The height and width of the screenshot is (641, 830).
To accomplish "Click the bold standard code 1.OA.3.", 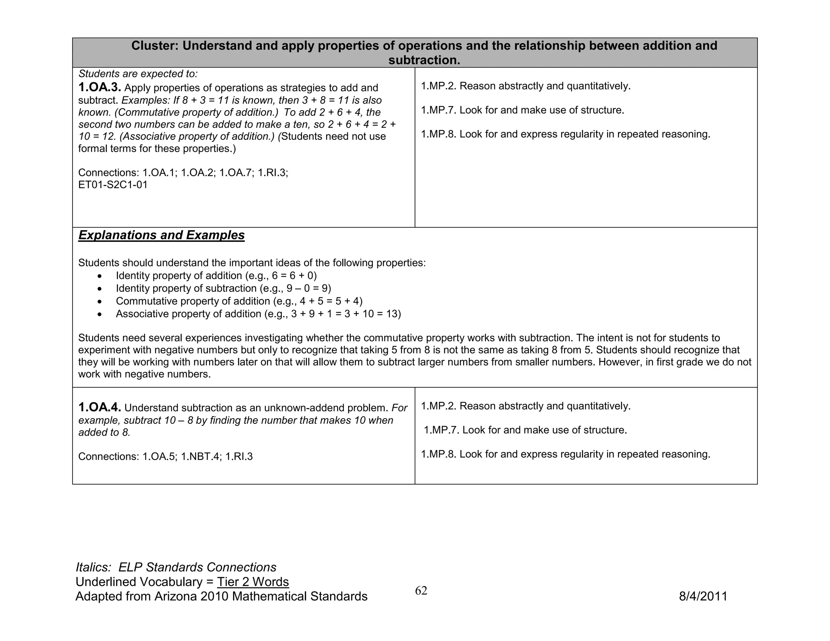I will pyautogui.click(x=99, y=88).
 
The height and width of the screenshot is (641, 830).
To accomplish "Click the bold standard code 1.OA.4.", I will pyautogui.click(x=99, y=407).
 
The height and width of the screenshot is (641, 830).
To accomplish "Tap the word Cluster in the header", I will pyautogui.click(x=154, y=46).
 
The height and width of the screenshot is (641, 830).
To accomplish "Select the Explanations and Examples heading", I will pyautogui.click(x=161, y=235).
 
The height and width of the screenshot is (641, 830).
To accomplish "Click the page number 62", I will pyautogui.click(x=421, y=591).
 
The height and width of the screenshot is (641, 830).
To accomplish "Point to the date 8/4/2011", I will pyautogui.click(x=703, y=596).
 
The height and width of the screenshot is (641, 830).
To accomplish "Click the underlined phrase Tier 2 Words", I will pyautogui.click(x=253, y=582).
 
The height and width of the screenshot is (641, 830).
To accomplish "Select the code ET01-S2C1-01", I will pyautogui.click(x=113, y=185).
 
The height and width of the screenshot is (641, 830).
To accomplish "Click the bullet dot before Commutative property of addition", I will pyautogui.click(x=100, y=301).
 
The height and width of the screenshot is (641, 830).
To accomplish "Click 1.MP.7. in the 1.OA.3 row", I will pyautogui.click(x=439, y=110).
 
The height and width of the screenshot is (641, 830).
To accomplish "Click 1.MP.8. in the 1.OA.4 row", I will pyautogui.click(x=439, y=454).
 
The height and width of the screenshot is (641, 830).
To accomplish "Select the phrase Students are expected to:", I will pyautogui.click(x=138, y=74).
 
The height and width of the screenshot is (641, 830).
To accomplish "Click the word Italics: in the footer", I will pyautogui.click(x=93, y=567).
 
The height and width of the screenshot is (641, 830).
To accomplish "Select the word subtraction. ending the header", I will pyautogui.click(x=424, y=60).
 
